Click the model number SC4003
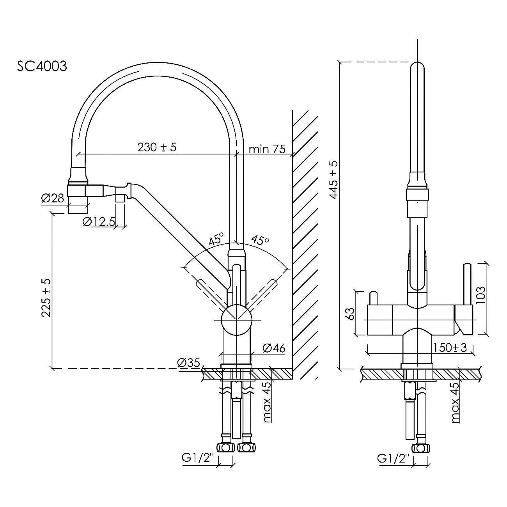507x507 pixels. click(x=42, y=66)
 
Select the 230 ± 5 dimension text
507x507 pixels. click(x=157, y=147)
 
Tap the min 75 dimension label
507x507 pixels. click(x=267, y=149)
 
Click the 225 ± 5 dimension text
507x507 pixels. click(x=46, y=298)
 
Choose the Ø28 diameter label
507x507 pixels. click(x=52, y=199)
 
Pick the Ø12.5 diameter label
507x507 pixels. click(x=99, y=222)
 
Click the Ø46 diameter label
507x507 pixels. click(x=274, y=348)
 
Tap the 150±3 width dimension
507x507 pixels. click(x=449, y=347)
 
